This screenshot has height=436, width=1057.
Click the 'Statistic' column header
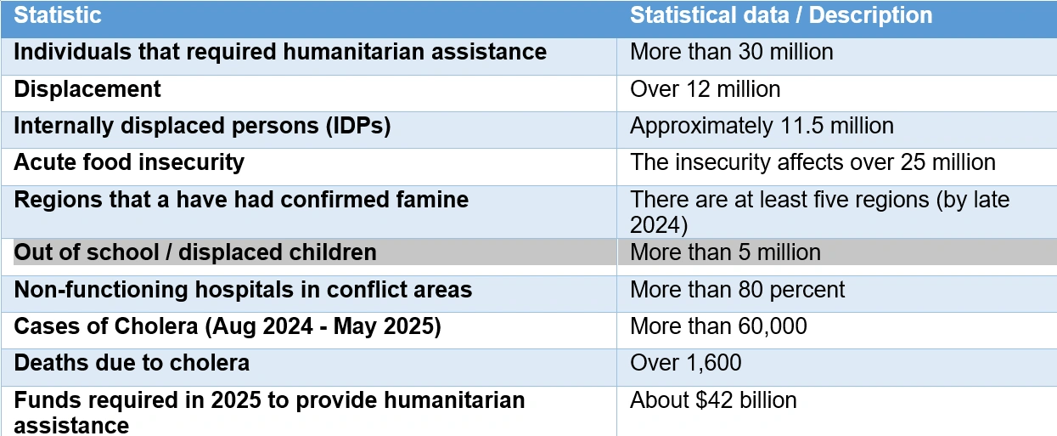(58, 15)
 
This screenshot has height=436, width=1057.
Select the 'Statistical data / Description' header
(780, 15)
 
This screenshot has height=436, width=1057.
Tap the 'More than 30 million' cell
(731, 52)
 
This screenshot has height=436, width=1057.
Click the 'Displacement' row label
(87, 88)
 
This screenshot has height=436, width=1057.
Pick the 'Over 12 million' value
(705, 89)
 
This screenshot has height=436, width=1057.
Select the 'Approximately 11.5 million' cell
(762, 126)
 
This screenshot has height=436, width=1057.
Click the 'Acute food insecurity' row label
(129, 162)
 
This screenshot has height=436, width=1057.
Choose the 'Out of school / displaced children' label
(195, 252)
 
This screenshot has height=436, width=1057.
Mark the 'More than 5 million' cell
(725, 252)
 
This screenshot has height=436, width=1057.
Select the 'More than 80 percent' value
(737, 290)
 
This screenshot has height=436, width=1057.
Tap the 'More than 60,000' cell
(718, 326)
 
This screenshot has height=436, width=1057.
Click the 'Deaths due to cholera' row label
(132, 363)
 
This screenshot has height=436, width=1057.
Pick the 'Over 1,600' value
(685, 363)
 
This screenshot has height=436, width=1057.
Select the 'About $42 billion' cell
(713, 399)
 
